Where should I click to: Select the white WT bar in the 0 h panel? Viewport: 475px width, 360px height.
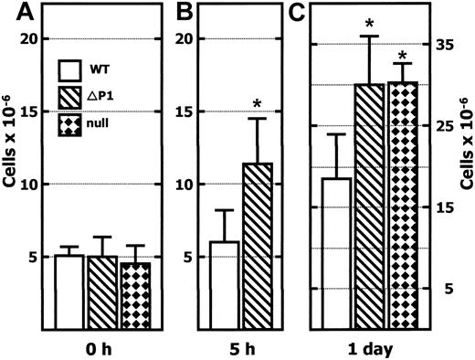click(70, 291)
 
